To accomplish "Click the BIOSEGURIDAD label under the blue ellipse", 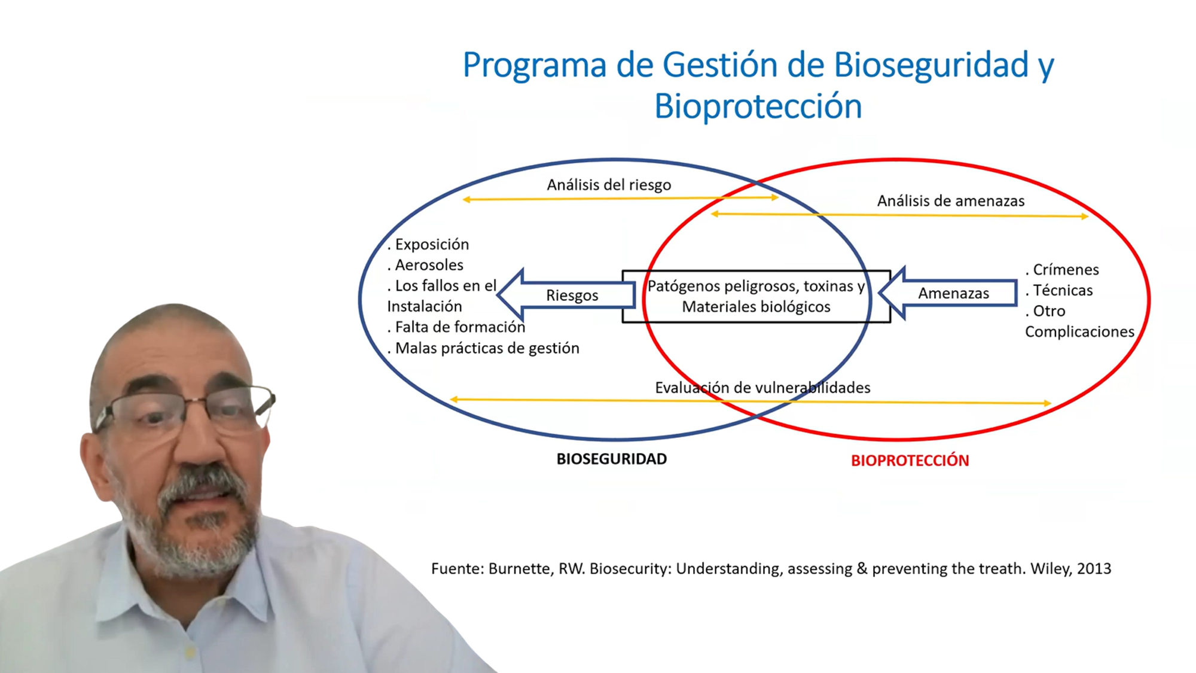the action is tap(611, 459).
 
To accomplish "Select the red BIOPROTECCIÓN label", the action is tap(910, 460).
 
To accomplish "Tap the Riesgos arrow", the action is tap(566, 294).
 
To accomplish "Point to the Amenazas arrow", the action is tap(948, 293).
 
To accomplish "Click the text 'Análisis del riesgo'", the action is tap(609, 185).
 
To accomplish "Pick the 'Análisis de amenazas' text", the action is tap(951, 201).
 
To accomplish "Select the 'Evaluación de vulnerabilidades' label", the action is tap(762, 388).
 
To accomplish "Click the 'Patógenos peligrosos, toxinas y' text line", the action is tap(756, 287).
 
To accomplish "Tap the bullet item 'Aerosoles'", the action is tap(425, 265).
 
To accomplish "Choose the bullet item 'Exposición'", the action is tap(428, 245).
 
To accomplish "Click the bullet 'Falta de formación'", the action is tap(456, 327).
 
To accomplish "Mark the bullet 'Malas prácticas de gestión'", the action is tap(483, 348).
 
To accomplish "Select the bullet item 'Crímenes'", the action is tap(1062, 270).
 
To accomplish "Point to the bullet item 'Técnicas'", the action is tap(1059, 291).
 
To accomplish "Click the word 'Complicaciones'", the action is tap(1079, 332).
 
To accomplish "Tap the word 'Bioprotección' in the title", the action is tap(758, 106).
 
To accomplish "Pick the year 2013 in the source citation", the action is tap(1094, 569).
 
